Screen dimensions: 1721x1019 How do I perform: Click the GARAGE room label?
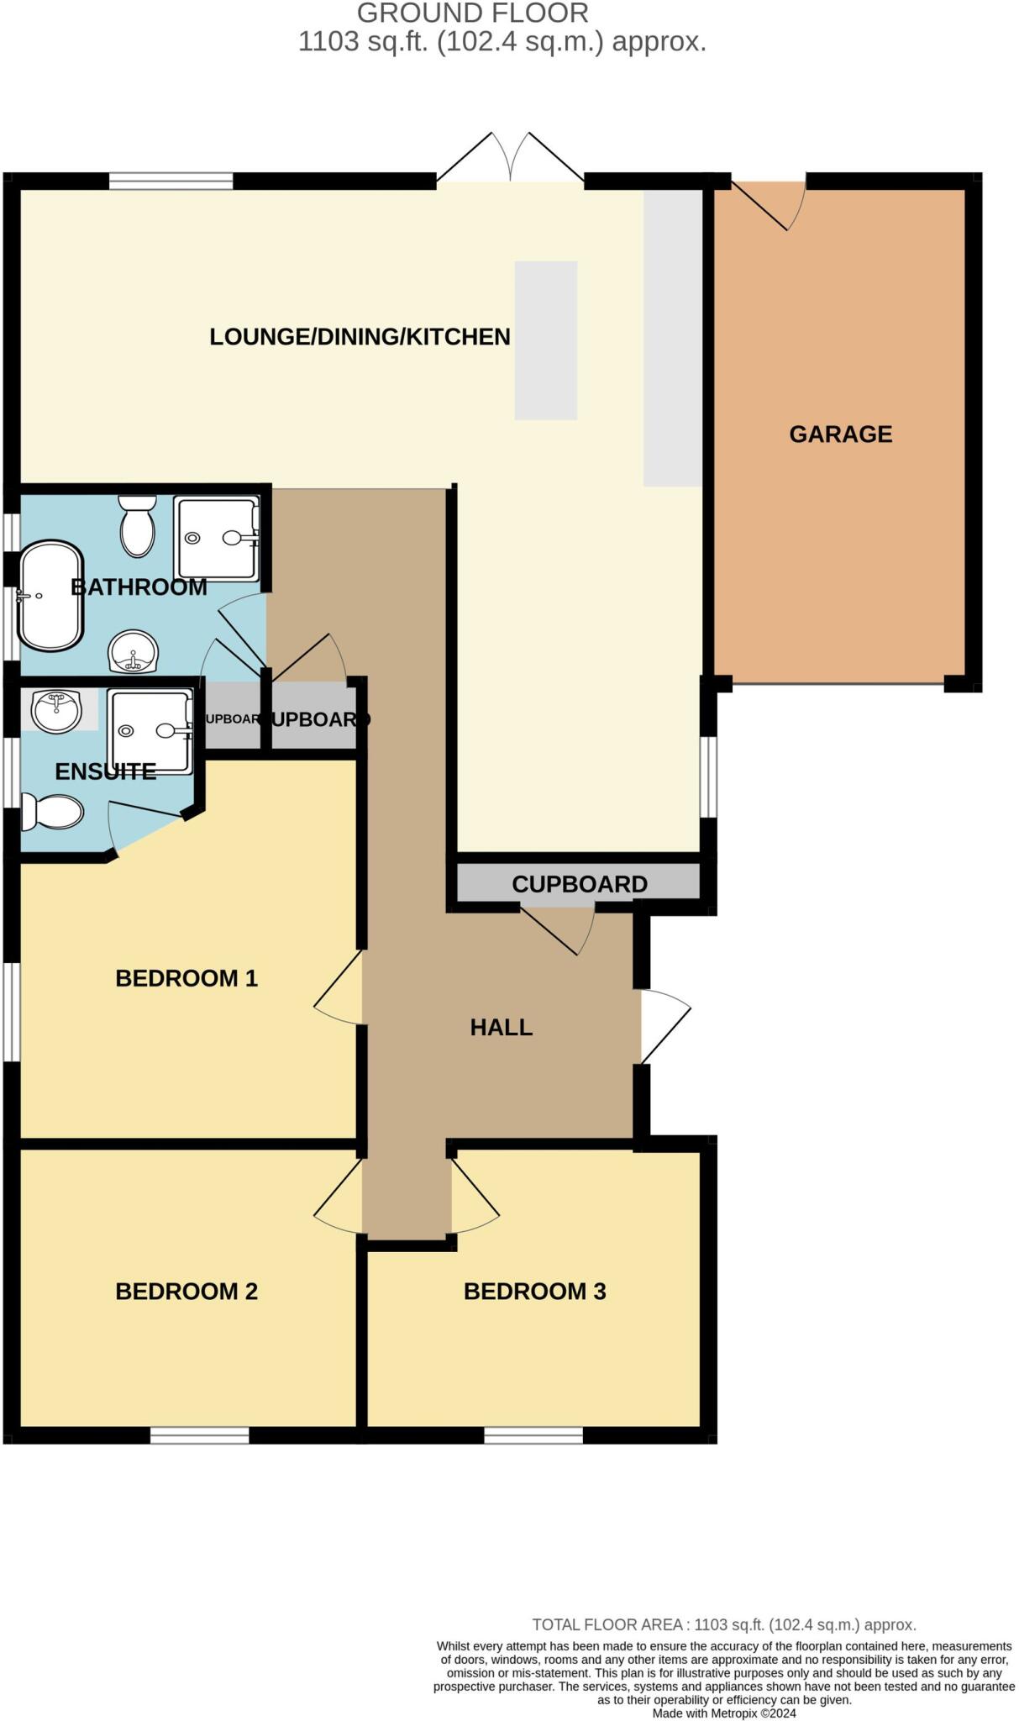[840, 434]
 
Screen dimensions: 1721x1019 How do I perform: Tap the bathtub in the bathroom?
[51, 596]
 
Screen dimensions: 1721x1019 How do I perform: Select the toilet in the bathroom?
[138, 526]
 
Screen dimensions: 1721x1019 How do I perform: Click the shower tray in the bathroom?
[216, 538]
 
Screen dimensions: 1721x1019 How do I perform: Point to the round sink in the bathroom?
[133, 652]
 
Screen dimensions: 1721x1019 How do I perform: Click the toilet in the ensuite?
[53, 813]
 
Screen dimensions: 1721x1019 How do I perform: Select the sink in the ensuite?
[56, 710]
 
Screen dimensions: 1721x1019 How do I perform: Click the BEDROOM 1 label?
[186, 978]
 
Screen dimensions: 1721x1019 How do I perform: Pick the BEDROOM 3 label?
[534, 1291]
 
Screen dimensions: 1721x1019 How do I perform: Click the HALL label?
[501, 1027]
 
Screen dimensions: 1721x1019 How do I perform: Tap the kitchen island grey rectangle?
[545, 340]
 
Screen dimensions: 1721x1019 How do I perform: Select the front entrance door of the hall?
[664, 1026]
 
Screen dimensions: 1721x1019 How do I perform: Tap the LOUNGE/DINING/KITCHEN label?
[360, 337]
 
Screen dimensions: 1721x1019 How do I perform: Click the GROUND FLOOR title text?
[473, 13]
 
